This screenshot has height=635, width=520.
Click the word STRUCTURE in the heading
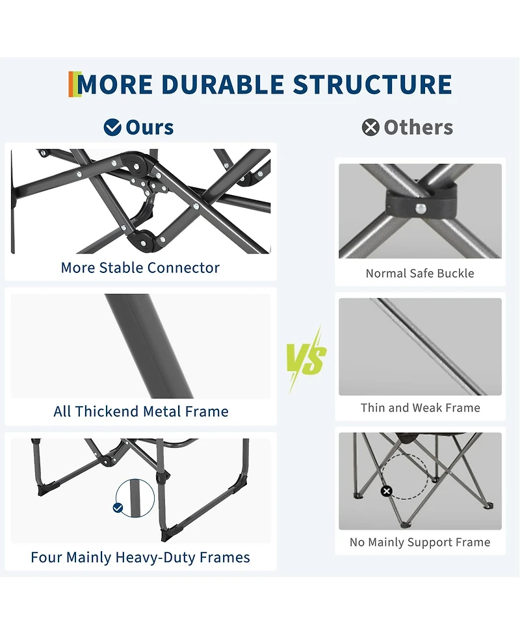click(372, 84)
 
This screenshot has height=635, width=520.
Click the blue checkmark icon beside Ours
click(112, 127)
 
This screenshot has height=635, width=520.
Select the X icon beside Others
click(370, 127)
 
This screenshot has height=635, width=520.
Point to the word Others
click(419, 127)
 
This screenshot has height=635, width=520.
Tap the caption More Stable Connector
click(140, 268)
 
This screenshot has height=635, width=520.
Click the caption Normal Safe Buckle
click(420, 274)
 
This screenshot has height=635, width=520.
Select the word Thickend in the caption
click(107, 411)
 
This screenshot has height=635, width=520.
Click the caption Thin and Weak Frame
click(421, 408)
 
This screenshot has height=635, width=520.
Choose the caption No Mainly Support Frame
click(420, 542)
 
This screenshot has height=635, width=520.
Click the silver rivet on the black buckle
click(421, 208)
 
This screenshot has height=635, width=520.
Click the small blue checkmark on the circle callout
click(118, 508)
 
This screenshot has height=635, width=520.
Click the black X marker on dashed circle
click(386, 491)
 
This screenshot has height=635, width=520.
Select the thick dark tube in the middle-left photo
click(149, 346)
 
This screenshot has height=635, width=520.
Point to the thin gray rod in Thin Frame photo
click(428, 346)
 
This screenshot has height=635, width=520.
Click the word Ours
click(149, 127)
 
